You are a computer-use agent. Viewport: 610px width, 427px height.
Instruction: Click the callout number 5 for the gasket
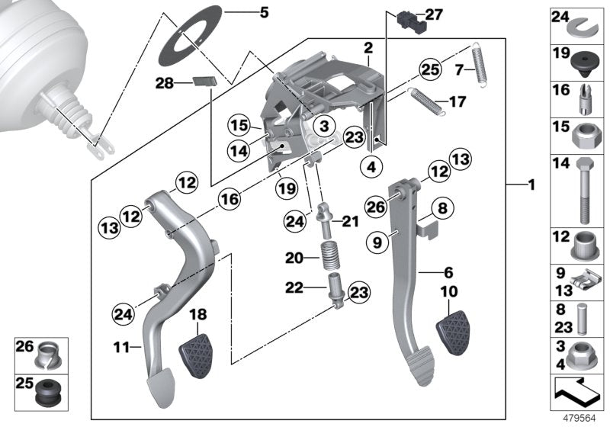pos(242,12)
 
